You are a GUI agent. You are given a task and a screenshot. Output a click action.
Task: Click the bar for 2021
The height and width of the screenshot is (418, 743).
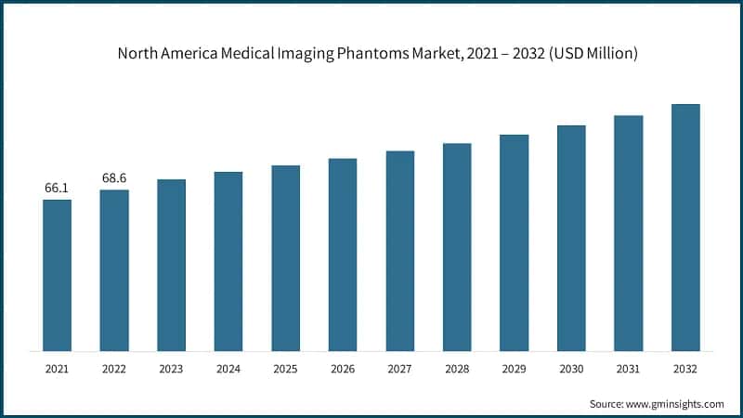coord(57,275)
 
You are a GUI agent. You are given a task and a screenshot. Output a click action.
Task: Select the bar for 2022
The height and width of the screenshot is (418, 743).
coord(114,270)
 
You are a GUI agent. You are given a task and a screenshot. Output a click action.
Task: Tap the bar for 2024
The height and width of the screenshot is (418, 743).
coord(228,261)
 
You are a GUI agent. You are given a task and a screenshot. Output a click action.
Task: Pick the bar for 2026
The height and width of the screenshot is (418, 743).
coord(343,255)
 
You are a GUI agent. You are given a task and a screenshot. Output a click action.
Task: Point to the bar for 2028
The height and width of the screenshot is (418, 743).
coord(457,247)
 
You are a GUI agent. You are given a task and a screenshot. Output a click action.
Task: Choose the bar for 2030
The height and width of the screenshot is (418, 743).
coord(571,238)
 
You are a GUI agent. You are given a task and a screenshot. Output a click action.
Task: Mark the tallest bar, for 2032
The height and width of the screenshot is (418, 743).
coord(685,228)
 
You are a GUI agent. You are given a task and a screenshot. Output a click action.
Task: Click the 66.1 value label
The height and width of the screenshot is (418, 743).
coord(57,189)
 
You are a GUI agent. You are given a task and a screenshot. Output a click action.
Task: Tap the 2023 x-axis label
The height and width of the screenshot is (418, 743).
coord(171,369)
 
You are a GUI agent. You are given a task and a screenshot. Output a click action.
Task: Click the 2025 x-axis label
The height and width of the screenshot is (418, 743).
coord(285,369)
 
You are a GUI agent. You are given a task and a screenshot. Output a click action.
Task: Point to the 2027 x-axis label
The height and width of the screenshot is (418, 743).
coord(399,369)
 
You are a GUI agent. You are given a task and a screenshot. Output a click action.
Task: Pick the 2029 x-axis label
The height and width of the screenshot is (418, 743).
coord(514,369)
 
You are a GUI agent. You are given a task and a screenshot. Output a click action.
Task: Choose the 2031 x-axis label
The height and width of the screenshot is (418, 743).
coord(629,369)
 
